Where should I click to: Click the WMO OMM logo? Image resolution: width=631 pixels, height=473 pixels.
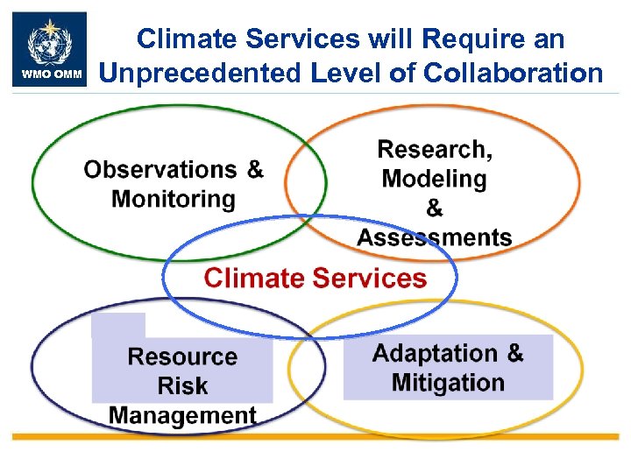(50, 49)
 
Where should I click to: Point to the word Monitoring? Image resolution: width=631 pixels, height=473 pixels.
(174, 199)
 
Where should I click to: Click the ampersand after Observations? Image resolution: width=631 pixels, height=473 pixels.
(254, 169)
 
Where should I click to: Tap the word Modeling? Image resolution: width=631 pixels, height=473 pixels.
(435, 179)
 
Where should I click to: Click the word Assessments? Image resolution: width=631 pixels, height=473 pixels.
(435, 237)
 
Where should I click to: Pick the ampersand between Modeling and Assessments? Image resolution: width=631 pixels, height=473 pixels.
(435, 208)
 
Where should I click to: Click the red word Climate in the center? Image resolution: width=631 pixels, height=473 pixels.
(254, 279)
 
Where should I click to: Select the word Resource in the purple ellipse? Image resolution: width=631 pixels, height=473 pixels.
(182, 357)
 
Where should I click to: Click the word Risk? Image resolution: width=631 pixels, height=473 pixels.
(182, 385)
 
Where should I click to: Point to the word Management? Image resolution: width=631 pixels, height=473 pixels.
(182, 415)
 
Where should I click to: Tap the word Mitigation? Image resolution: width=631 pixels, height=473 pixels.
(448, 383)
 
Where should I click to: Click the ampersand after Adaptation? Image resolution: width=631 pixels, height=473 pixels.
(514, 353)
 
